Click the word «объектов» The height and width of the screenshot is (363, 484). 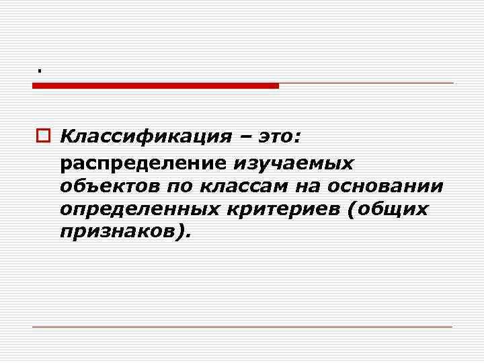click(106, 186)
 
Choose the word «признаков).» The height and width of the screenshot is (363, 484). click(125, 233)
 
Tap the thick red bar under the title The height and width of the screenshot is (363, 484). click(155, 85)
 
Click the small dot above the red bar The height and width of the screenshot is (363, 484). click(40, 70)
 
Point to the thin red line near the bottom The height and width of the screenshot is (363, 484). click(242, 327)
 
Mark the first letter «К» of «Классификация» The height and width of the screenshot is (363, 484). click(65, 138)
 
